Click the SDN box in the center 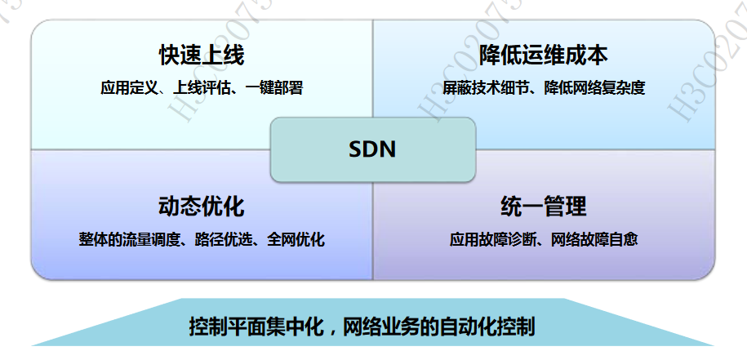[372, 149]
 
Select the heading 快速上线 [202, 56]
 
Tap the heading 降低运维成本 [544, 56]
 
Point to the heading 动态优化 [202, 206]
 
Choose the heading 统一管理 [544, 206]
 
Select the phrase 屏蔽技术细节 [481, 87]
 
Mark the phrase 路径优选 [220, 240]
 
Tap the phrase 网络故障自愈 [594, 240]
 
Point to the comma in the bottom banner [332, 331]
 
